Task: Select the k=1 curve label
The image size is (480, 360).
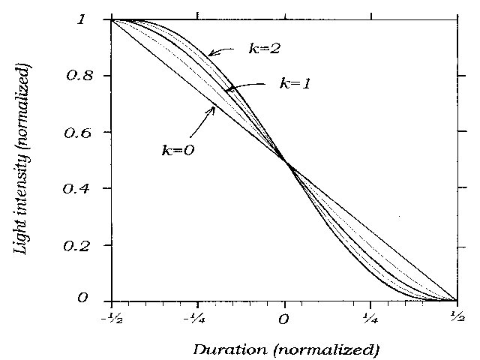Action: click(x=295, y=83)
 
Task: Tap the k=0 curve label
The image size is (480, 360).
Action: click(x=178, y=149)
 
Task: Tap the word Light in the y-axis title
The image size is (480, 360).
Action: click(x=23, y=232)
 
